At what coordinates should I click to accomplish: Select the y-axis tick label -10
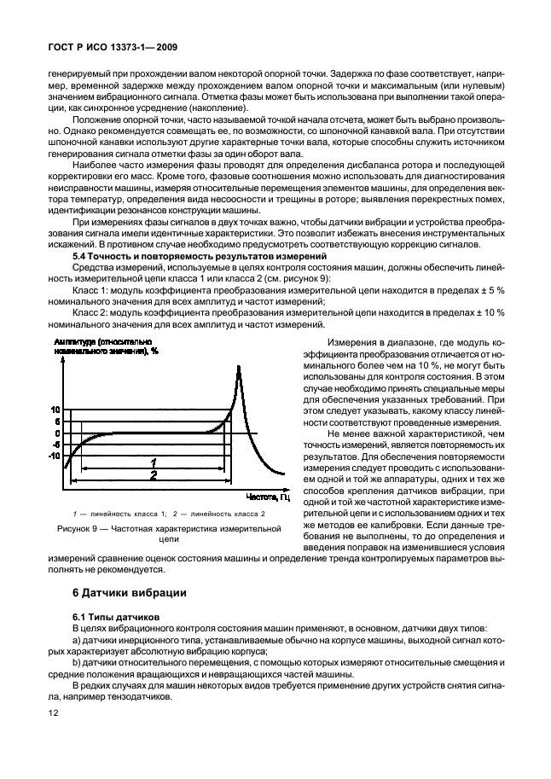pyautogui.click(x=55, y=456)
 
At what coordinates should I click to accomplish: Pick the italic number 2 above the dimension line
pyautogui.click(x=153, y=474)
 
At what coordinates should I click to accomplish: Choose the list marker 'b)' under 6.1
pyautogui.click(x=77, y=661)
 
